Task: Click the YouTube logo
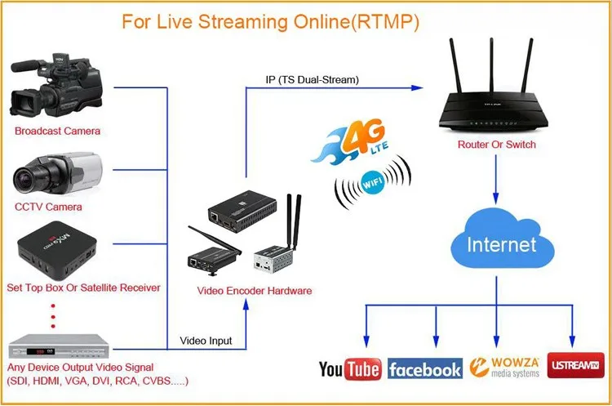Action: (350, 369)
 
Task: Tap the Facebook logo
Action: (424, 369)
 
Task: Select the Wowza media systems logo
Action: (505, 368)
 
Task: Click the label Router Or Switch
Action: (497, 145)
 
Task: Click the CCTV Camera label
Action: (48, 207)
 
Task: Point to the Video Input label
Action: (205, 341)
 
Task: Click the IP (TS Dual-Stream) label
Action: (313, 79)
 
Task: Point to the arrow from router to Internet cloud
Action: (497, 180)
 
